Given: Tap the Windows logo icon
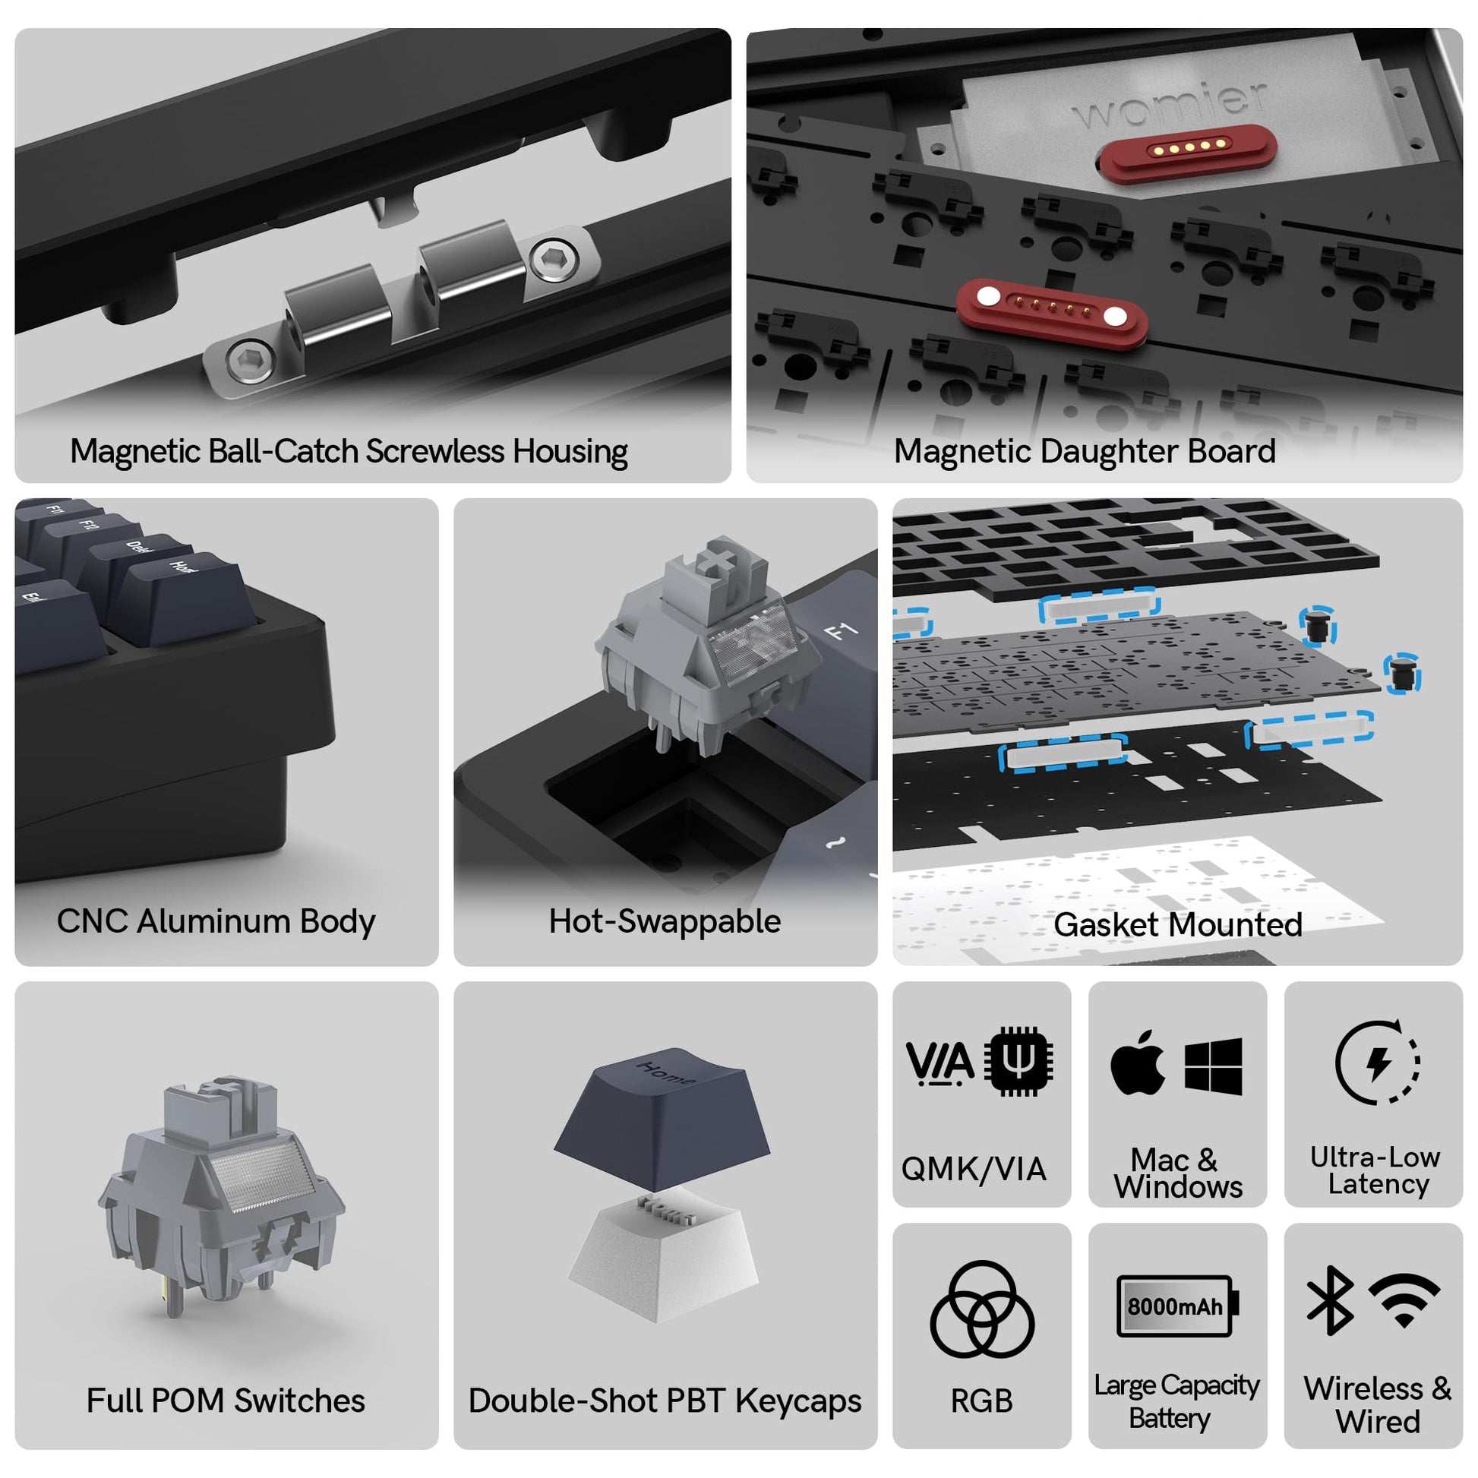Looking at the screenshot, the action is click(1213, 1066).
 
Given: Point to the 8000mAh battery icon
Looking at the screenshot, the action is click(1177, 1306).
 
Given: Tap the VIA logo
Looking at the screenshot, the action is click(940, 1064).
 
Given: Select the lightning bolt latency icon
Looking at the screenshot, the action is click(1378, 1061).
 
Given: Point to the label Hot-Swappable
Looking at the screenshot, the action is click(665, 922).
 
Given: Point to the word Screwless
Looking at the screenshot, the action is click(435, 451).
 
